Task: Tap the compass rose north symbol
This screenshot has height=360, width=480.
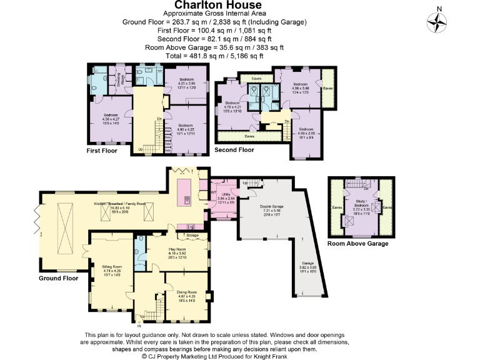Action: point(437,22)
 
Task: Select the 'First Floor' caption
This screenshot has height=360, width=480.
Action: point(102,151)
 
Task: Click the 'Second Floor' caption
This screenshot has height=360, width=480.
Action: point(234,150)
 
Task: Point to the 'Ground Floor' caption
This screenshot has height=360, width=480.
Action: point(58,277)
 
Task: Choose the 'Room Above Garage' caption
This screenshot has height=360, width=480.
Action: point(357,243)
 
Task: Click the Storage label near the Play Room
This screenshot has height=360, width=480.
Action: point(192,236)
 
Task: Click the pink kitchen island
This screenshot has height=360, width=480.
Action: point(186,192)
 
